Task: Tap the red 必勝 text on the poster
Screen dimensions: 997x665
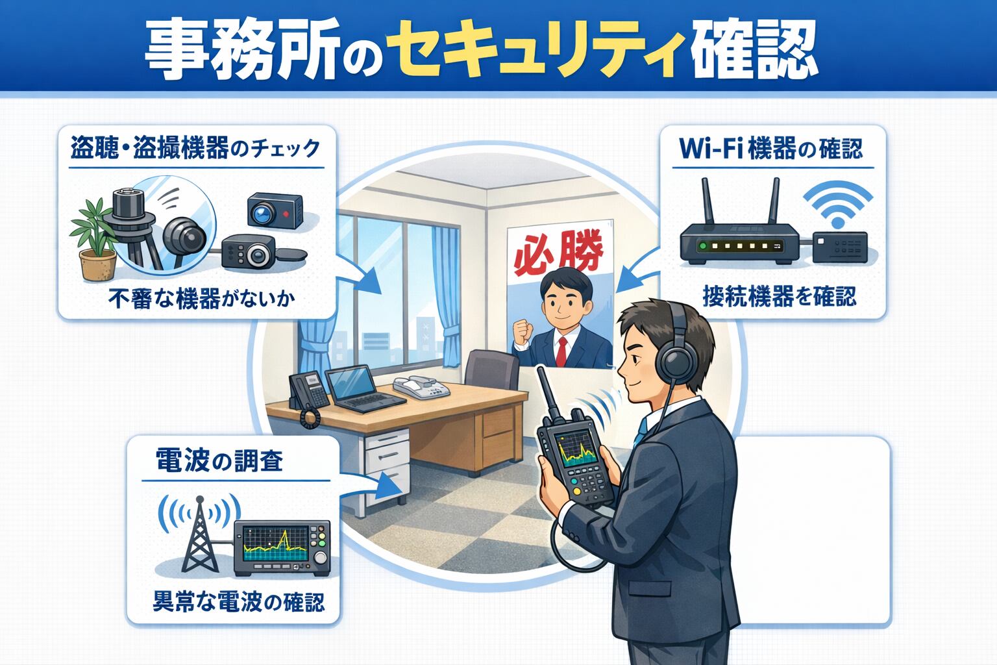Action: pyautogui.click(x=560, y=253)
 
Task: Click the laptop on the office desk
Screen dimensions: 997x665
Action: pyautogui.click(x=363, y=388)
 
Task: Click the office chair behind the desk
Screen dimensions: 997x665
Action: pyautogui.click(x=492, y=369)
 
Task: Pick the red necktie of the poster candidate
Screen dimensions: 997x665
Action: pyautogui.click(x=561, y=351)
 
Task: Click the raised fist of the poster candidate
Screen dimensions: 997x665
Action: pyautogui.click(x=523, y=331)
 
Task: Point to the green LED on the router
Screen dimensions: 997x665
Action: pyautogui.click(x=703, y=246)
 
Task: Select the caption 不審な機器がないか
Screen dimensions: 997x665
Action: pyautogui.click(x=201, y=299)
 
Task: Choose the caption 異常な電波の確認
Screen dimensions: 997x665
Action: pyautogui.click(x=239, y=602)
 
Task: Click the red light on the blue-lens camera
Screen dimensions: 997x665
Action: pyautogui.click(x=286, y=214)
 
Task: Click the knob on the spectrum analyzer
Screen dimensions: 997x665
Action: pyautogui.click(x=321, y=558)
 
